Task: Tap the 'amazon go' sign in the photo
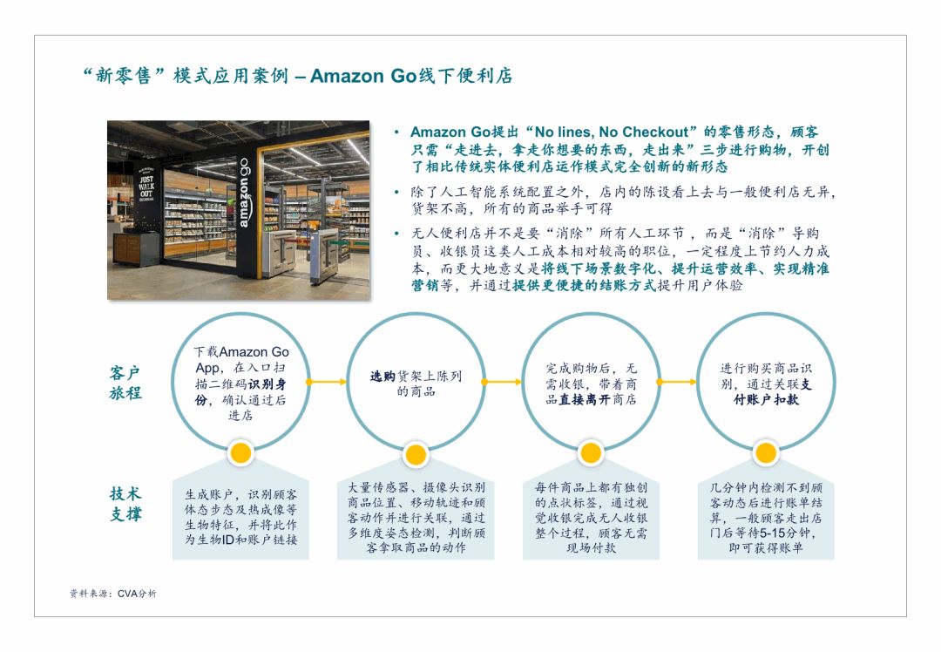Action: click(243, 193)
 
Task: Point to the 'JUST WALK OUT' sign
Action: click(146, 187)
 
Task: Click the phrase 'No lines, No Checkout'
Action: click(611, 132)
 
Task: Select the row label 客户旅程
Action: click(125, 383)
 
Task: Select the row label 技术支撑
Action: click(125, 504)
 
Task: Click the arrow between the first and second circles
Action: click(327, 382)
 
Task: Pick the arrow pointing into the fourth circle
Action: click(677, 382)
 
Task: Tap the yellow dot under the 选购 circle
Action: click(416, 454)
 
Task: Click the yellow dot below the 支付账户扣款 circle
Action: click(765, 453)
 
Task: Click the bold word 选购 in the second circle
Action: click(382, 377)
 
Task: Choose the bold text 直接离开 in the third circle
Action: click(585, 400)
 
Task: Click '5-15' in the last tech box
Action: click(771, 533)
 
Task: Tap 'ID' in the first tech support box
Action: click(227, 540)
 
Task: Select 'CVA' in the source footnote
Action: click(128, 594)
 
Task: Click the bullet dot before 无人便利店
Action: click(396, 234)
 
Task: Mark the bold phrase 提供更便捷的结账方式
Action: click(585, 285)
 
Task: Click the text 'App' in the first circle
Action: click(208, 368)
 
